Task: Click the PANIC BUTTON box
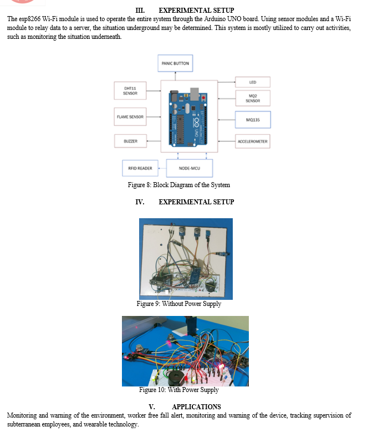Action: pyautogui.click(x=175, y=63)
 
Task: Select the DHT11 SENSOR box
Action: pyautogui.click(x=130, y=91)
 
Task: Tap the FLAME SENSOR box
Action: pyautogui.click(x=130, y=117)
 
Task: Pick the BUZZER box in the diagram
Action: pyautogui.click(x=130, y=142)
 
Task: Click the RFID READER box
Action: pyautogui.click(x=140, y=168)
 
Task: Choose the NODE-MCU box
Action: pyautogui.click(x=189, y=168)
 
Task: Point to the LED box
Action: pyautogui.click(x=252, y=82)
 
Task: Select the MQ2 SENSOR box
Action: pyautogui.click(x=252, y=99)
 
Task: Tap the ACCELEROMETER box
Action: pyautogui.click(x=252, y=142)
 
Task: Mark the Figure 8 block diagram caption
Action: pyautogui.click(x=178, y=185)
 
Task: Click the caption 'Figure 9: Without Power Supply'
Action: pyautogui.click(x=178, y=304)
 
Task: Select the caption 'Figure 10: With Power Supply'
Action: pyautogui.click(x=178, y=390)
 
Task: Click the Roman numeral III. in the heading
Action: pyautogui.click(x=140, y=11)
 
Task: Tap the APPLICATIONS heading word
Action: pyautogui.click(x=196, y=407)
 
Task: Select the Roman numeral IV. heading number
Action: pyautogui.click(x=140, y=202)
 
